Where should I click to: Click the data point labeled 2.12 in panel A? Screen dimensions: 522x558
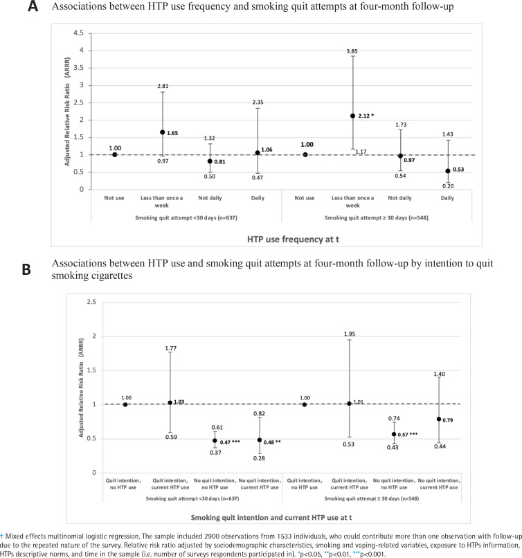pyautogui.click(x=352, y=116)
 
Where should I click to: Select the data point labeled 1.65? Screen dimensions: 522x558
pyautogui.click(x=162, y=132)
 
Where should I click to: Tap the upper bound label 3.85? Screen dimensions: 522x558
pyautogui.click(x=352, y=51)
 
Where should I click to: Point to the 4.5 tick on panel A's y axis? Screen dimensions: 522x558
pyautogui.click(x=78, y=33)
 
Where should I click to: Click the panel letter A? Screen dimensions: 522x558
pyautogui.click(x=33, y=6)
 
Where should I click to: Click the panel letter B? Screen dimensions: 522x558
pyautogui.click(x=26, y=269)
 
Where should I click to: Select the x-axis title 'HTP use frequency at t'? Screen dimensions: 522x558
pyautogui.click(x=293, y=239)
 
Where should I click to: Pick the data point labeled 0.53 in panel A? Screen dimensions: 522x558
pyautogui.click(x=448, y=171)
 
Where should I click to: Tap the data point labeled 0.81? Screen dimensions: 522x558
pyautogui.click(x=210, y=161)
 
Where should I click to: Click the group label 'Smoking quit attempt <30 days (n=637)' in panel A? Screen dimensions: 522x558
pyautogui.click(x=186, y=217)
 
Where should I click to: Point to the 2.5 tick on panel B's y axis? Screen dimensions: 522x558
pyautogui.click(x=91, y=302)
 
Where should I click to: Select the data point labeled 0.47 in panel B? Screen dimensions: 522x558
pyautogui.click(x=215, y=440)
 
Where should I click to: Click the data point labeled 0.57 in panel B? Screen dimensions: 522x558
pyautogui.click(x=394, y=434)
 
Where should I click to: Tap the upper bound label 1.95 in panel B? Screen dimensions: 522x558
pyautogui.click(x=350, y=334)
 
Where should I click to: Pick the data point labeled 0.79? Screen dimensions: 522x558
pyautogui.click(x=439, y=420)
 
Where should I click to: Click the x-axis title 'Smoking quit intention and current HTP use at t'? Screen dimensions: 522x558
pyautogui.click(x=271, y=517)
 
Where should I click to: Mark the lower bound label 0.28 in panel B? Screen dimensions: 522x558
pyautogui.click(x=259, y=458)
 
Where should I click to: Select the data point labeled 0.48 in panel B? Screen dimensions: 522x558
pyautogui.click(x=260, y=440)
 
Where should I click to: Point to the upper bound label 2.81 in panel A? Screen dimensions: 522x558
pyautogui.click(x=163, y=86)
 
